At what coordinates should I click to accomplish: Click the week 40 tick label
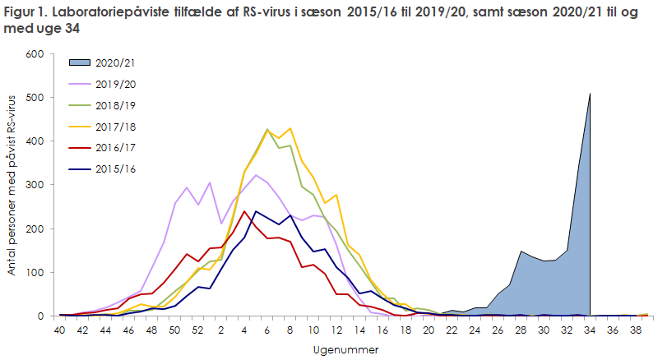tap(61, 330)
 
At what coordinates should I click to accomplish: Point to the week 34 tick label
tap(591, 330)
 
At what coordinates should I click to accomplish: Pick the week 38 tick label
tap(635, 330)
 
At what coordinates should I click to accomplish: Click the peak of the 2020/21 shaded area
tap(591, 94)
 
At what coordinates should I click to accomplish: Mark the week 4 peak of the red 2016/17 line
tap(244, 212)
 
